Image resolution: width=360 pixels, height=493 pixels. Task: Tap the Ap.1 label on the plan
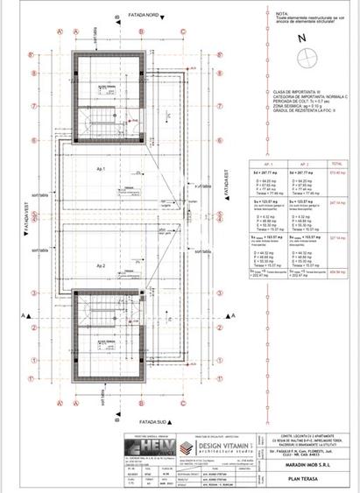102,166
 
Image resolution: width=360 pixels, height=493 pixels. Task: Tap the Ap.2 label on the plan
102,264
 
